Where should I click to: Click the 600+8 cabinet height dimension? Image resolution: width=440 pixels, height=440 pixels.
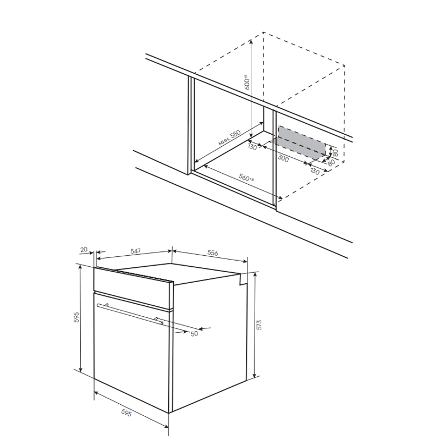pyautogui.click(x=246, y=82)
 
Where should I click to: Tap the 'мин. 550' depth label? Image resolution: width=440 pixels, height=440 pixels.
pyautogui.click(x=229, y=137)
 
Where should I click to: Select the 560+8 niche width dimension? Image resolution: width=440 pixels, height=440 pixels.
pyautogui.click(x=246, y=177)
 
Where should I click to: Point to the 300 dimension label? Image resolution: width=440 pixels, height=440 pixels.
pyautogui.click(x=283, y=158)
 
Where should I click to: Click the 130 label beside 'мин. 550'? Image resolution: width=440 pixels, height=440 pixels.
pyautogui.click(x=252, y=146)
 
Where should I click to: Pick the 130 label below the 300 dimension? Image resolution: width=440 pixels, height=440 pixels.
pyautogui.click(x=315, y=171)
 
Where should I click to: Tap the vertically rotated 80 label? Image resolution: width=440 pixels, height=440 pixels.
pyautogui.click(x=335, y=153)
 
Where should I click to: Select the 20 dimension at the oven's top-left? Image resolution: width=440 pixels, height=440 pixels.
pyautogui.click(x=84, y=249)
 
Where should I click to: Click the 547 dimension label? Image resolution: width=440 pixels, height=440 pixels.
pyautogui.click(x=135, y=251)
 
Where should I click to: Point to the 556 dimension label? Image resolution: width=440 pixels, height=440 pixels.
pyautogui.click(x=212, y=252)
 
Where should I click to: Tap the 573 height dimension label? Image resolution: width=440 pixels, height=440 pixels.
pyautogui.click(x=259, y=324)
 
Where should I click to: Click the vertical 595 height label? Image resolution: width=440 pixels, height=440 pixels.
pyautogui.click(x=76, y=317)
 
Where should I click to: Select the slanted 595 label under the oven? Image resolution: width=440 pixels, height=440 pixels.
pyautogui.click(x=127, y=413)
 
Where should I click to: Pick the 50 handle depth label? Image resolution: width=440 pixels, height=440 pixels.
pyautogui.click(x=194, y=334)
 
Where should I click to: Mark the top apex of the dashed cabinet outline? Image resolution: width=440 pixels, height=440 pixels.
pyautogui.click(x=263, y=32)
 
